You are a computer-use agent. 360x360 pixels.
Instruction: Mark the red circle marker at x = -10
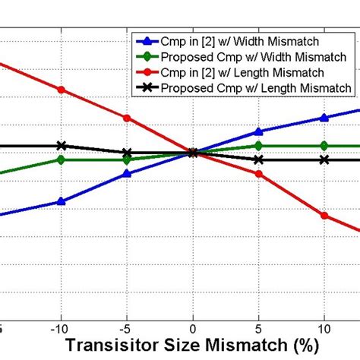62,90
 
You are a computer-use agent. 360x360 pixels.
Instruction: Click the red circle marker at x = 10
324,216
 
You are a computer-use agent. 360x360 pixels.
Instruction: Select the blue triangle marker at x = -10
62,201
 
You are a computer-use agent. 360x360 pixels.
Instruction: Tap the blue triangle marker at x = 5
259,131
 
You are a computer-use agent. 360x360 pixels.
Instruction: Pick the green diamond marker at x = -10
62,159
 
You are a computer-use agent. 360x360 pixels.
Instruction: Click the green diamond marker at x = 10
324,145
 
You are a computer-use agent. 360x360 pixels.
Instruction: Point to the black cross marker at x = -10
62,146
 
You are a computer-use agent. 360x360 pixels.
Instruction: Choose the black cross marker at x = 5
259,159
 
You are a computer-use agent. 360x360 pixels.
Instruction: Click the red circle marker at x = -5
127,118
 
